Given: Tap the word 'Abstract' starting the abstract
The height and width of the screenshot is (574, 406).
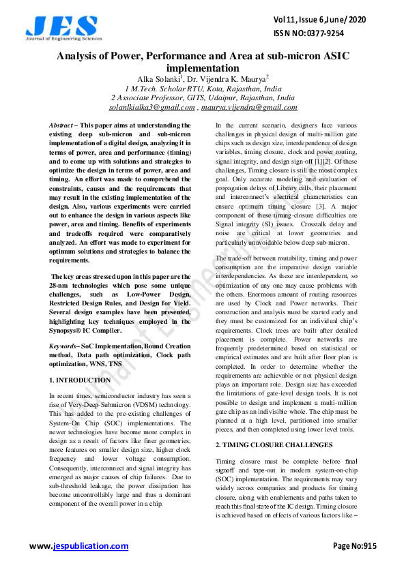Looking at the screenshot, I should click(61, 125).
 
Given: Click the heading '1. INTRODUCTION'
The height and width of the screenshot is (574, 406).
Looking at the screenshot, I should click(80, 379).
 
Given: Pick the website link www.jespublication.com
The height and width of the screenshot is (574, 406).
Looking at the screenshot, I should click(78, 546).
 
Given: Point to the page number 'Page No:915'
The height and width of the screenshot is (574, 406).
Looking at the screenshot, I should click(354, 546).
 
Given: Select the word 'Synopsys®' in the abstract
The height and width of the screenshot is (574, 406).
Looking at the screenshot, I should click(69, 331).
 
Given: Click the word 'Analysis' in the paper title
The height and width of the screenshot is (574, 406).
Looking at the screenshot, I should click(81, 57).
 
